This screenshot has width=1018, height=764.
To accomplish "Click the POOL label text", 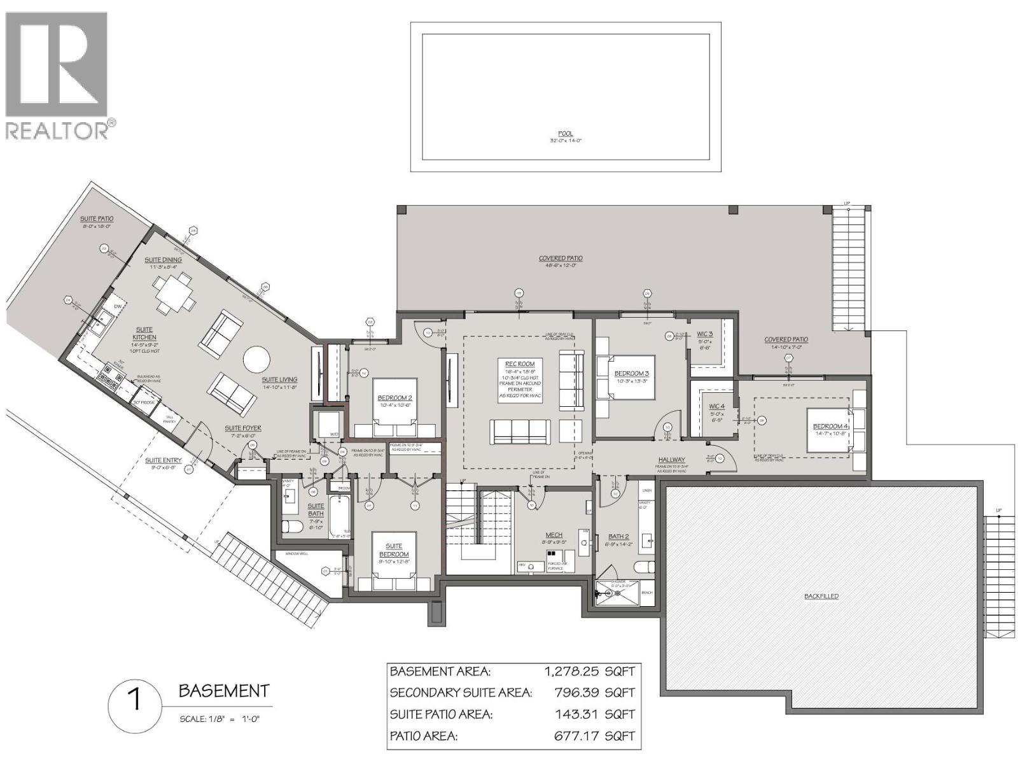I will (x=565, y=134).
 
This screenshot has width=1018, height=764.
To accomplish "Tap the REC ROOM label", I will (x=520, y=364).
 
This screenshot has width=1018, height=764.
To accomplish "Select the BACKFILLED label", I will (x=821, y=596).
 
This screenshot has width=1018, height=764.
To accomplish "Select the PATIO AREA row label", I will (x=423, y=736).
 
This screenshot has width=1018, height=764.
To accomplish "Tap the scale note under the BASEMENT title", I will (x=220, y=719).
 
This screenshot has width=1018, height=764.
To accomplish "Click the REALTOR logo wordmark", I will (x=57, y=131).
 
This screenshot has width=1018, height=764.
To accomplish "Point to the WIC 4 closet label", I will (x=716, y=406).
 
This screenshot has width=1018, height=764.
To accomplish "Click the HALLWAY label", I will (x=671, y=459).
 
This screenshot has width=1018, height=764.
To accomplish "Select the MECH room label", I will (x=554, y=535).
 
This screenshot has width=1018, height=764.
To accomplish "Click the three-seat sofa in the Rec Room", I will (x=520, y=432).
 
